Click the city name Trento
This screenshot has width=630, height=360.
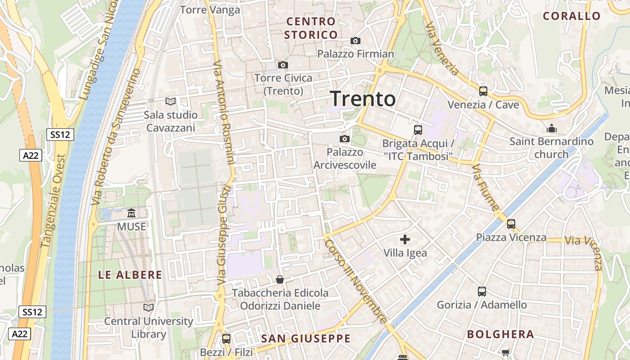[x=363, y=99]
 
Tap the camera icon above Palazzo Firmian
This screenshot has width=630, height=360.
[x=355, y=41]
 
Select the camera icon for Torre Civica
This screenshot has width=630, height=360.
[x=283, y=65]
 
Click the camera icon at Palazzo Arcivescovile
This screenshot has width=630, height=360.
[x=345, y=139]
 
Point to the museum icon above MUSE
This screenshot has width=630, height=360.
[x=131, y=213]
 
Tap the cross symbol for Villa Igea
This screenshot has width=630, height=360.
[x=405, y=239]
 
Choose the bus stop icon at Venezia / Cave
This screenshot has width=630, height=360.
[x=483, y=91]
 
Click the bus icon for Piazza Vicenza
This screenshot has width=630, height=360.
[x=511, y=224]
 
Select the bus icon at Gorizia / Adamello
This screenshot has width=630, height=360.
[x=481, y=291]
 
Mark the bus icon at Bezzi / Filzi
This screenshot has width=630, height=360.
[x=226, y=338]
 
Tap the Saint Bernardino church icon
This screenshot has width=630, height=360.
[x=552, y=128]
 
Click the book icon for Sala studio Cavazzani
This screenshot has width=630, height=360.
[x=170, y=102]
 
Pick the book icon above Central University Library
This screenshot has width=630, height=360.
[x=148, y=308]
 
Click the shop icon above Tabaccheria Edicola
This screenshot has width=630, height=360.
[x=280, y=279]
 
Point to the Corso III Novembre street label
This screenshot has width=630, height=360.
[x=355, y=281]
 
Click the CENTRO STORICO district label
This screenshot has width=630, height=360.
[x=311, y=28]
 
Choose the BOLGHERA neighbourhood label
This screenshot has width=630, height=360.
[x=500, y=334]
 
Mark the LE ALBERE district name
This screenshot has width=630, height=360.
[x=130, y=275]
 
